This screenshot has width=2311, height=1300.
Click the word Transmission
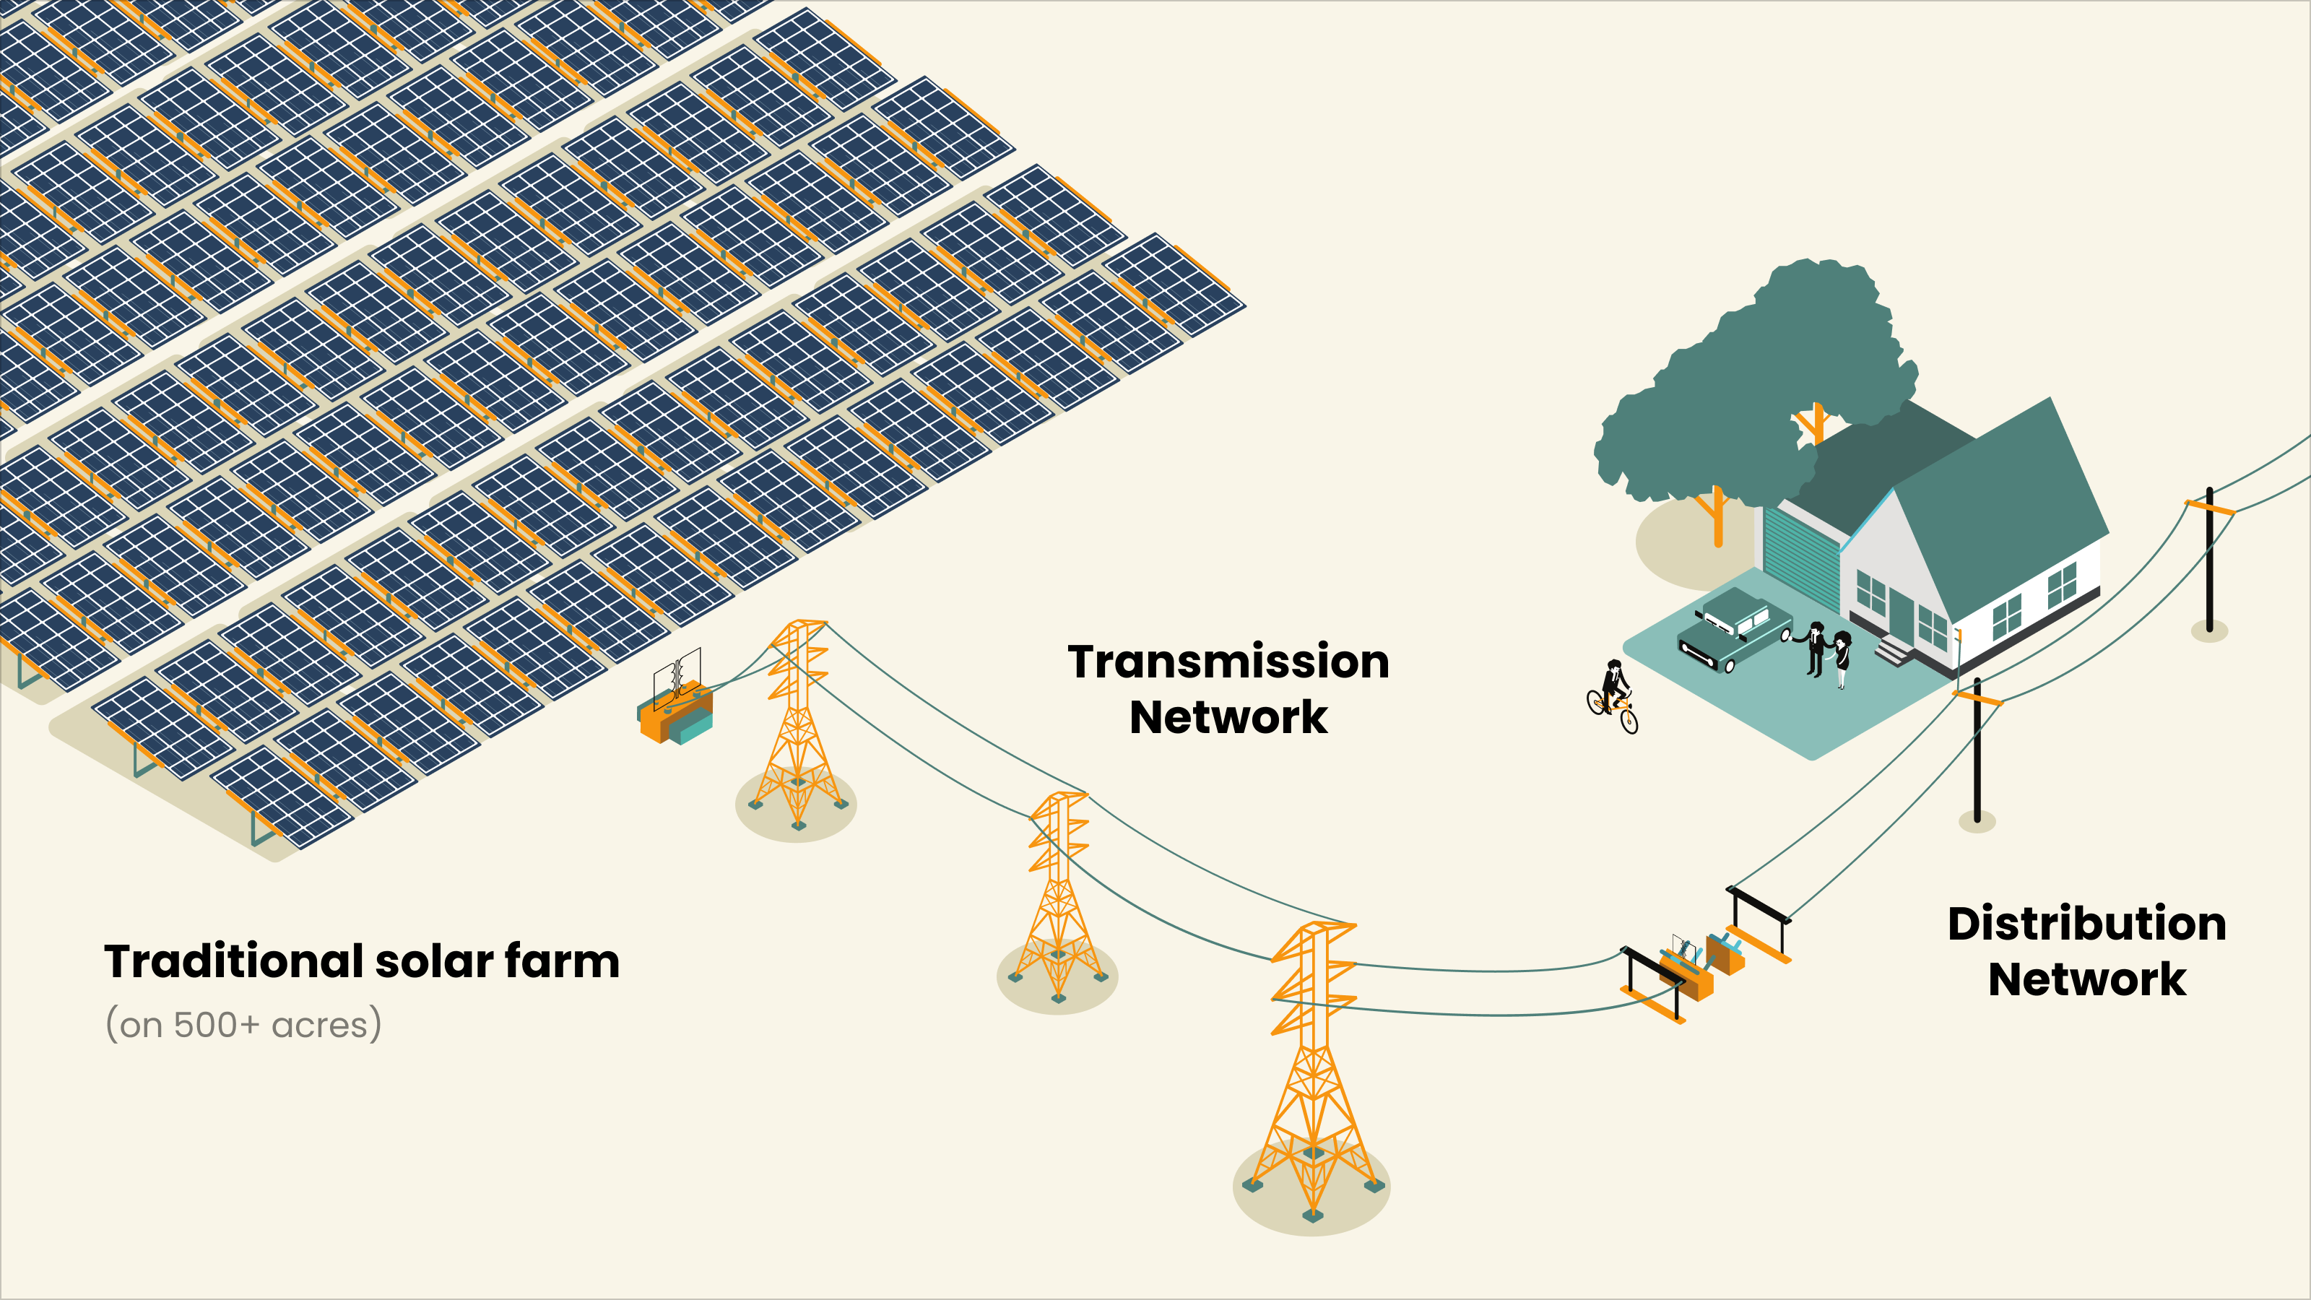point(1228,662)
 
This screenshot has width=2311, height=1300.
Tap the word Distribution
point(2086,924)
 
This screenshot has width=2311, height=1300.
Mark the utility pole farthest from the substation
point(2210,560)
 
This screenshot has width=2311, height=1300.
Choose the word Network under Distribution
point(2086,980)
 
